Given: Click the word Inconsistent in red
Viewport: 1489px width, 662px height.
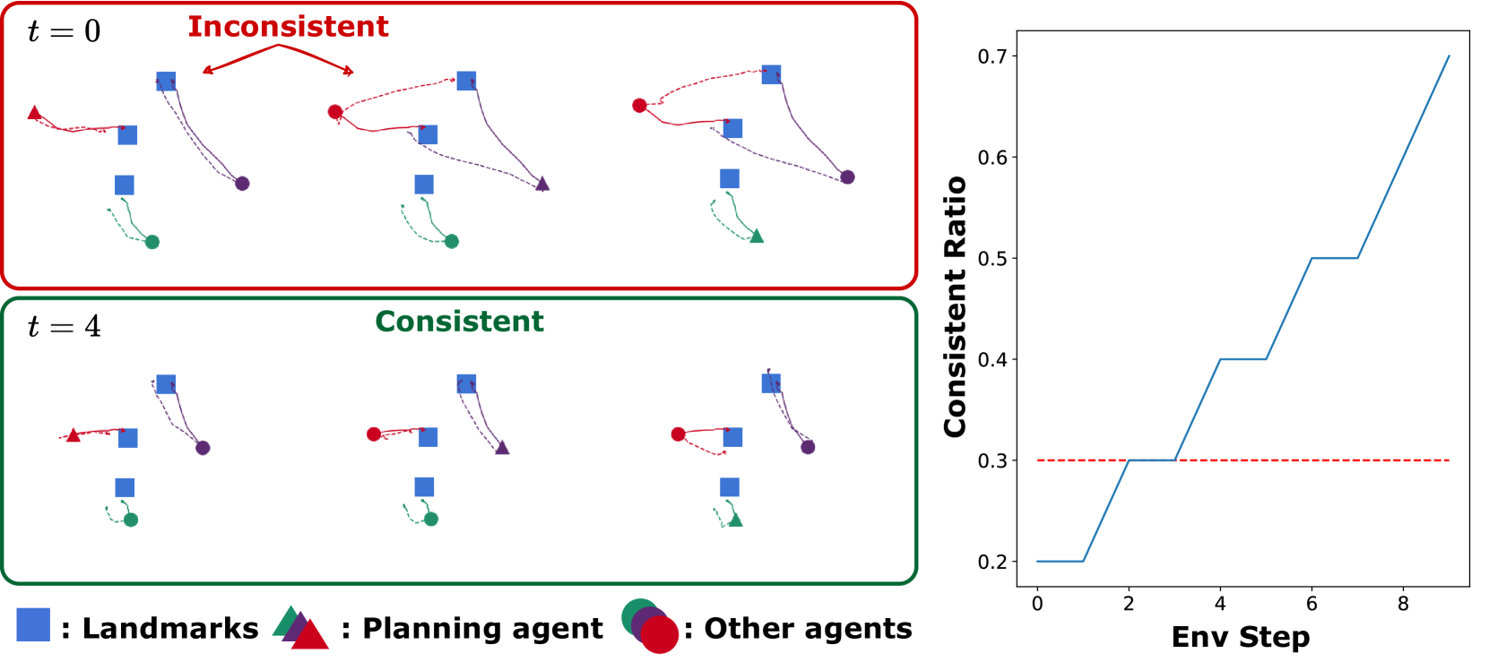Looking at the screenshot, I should coord(288,27).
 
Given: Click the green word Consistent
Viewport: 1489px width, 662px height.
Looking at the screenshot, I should coord(459,322).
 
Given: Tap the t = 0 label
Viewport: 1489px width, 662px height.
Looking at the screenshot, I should coord(64,32).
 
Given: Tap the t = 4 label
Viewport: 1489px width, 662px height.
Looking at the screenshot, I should coord(64,327).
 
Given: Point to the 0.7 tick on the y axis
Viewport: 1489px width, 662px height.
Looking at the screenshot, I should coord(991,56).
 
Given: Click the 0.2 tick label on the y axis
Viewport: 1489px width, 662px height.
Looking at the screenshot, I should coord(991,562).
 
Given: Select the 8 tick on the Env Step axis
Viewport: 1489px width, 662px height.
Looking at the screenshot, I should coord(1403,604).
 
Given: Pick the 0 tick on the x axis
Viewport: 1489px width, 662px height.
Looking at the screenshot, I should coord(1037,604).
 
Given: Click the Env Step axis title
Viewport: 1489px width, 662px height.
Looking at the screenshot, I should coord(1241,637).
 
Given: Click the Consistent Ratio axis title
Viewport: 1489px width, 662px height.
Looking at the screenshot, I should coord(956,307).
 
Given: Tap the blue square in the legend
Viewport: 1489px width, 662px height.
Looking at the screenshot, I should coord(33,625).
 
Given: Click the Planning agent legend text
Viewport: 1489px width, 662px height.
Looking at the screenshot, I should coord(482,629).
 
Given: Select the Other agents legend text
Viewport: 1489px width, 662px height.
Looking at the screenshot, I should coord(808,629).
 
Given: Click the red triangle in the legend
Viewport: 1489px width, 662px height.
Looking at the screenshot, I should coord(310,635).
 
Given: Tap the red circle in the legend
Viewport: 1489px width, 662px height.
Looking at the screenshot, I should coord(660,635).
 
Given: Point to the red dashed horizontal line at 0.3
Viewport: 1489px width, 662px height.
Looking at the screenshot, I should coord(1300,460).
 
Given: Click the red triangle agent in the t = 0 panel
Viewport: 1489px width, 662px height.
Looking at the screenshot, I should coord(35,113).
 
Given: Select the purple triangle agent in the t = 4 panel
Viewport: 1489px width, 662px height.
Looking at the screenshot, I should coord(502,447).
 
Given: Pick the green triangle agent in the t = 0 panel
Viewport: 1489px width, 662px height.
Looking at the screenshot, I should coord(757,236).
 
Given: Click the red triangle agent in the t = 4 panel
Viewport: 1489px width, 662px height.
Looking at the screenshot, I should coord(74,435).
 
